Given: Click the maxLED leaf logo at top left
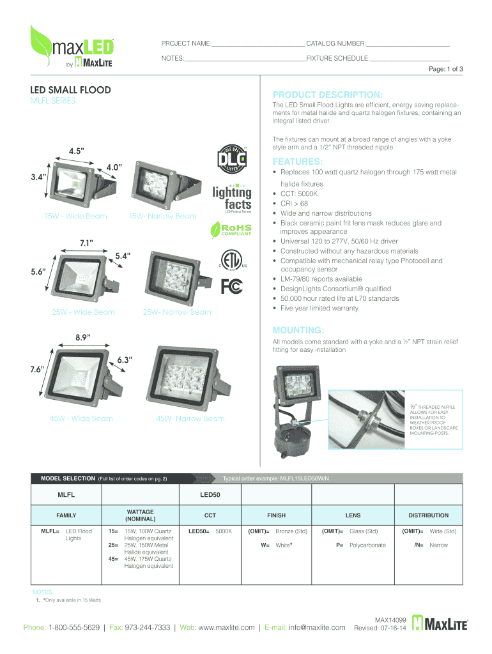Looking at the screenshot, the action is [72, 46].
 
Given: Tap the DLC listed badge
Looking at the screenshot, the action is [232, 159].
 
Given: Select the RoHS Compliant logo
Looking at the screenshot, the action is [231, 229].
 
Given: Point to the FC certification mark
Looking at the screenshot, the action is [231, 286].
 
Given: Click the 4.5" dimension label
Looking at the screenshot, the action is [77, 151].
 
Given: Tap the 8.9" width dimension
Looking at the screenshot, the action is [83, 337].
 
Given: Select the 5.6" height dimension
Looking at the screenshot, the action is [38, 271].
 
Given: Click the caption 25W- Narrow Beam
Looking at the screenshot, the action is [177, 312].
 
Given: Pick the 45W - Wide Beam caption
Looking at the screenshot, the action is [81, 418].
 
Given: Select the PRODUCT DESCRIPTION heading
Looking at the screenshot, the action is [328, 95].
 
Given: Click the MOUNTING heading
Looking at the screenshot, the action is [298, 330].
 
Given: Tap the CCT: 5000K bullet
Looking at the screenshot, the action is [299, 194].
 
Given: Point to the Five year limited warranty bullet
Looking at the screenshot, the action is [319, 308].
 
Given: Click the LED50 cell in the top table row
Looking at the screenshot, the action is [210, 495].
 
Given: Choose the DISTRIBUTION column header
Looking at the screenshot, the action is [429, 515].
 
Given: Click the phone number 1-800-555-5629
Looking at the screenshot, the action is [74, 627].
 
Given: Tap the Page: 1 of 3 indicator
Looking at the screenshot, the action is [446, 69].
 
